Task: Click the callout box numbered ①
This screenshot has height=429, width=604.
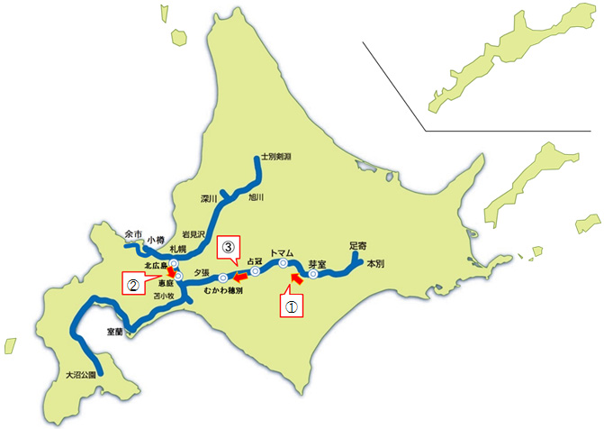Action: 290,306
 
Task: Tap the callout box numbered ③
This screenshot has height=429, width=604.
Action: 229,246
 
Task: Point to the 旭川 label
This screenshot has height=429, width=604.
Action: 257,197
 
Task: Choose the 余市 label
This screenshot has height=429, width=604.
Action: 134,232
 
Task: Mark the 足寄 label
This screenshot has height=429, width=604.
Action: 358,245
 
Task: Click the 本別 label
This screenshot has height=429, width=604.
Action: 374,264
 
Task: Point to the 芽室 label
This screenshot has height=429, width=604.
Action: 316,263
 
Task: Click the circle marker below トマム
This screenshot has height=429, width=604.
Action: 283,264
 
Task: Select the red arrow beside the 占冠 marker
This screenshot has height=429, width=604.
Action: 240,277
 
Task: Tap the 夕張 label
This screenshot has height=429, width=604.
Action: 200,271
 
